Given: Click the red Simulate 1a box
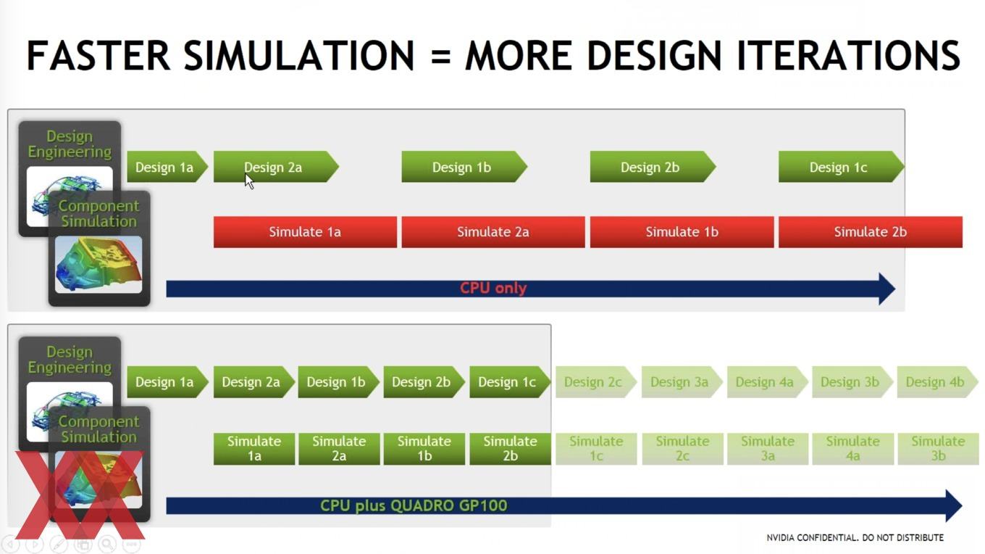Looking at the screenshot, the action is click(x=305, y=231).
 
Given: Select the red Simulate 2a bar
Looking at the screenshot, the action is click(x=493, y=231).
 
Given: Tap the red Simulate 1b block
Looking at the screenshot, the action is click(x=682, y=231).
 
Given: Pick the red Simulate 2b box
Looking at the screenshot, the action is click(x=871, y=231).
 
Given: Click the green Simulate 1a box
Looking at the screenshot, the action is click(x=254, y=449).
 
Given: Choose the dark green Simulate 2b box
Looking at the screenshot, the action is click(x=510, y=449).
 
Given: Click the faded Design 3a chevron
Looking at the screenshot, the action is click(x=682, y=382).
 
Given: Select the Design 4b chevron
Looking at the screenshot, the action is click(x=937, y=382).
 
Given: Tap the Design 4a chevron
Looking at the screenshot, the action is click(x=767, y=382).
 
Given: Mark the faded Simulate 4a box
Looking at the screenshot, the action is click(x=852, y=449).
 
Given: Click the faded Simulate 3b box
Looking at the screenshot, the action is click(x=939, y=449).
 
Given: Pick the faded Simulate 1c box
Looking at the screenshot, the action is click(x=596, y=449).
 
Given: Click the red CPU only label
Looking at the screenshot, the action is click(x=493, y=288).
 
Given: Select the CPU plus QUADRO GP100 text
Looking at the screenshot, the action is click(x=414, y=505).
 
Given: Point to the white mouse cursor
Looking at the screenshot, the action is click(x=249, y=181).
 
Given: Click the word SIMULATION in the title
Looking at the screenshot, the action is click(x=299, y=56).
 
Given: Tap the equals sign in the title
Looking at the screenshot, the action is click(x=440, y=57).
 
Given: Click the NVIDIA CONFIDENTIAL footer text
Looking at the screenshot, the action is click(x=855, y=538).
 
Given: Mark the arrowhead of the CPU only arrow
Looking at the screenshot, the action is click(x=886, y=289).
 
